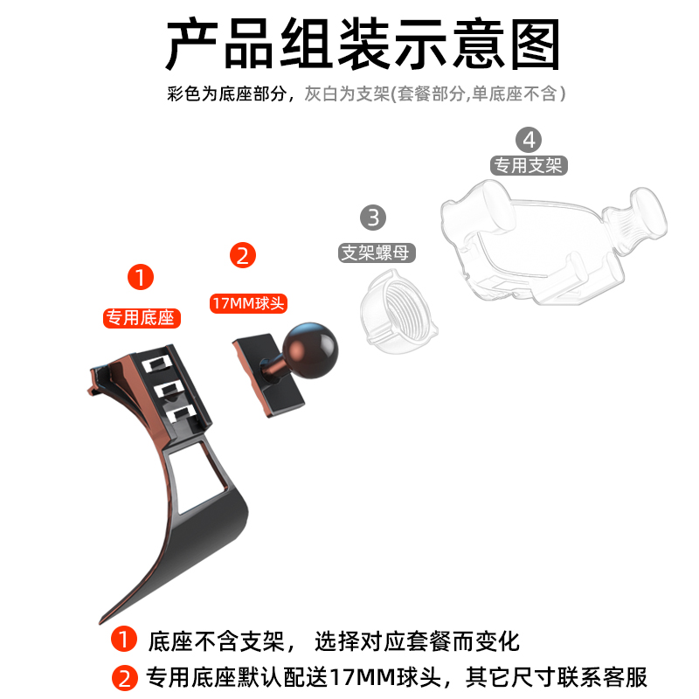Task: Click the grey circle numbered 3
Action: (x=373, y=217)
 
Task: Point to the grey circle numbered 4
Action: (x=529, y=139)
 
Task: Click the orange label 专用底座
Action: (x=142, y=317)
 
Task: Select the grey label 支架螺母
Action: (x=377, y=253)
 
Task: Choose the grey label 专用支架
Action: (x=528, y=166)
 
